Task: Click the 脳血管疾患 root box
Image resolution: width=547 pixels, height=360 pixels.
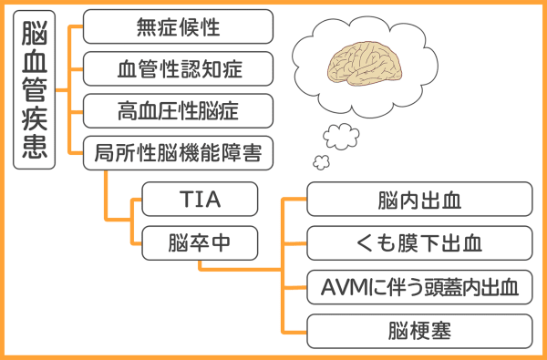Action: (34, 91)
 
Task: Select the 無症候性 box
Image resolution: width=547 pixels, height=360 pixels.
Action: (178, 26)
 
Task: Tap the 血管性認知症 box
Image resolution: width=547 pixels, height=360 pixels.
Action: (178, 68)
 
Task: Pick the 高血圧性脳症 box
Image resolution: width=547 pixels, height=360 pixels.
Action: (178, 111)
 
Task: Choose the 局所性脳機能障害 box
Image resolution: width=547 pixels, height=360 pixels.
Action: (178, 153)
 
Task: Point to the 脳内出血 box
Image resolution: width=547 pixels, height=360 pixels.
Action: (419, 199)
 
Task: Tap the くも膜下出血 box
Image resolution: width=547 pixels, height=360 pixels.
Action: (419, 243)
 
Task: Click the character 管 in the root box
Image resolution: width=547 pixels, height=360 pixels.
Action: (34, 91)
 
